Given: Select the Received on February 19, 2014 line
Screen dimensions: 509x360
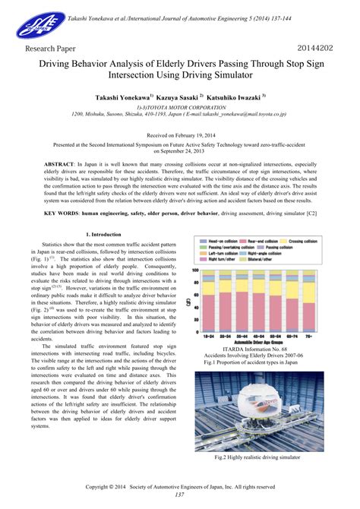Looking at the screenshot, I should (x=180, y=134).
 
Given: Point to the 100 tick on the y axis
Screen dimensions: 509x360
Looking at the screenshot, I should (x=197, y=270).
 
